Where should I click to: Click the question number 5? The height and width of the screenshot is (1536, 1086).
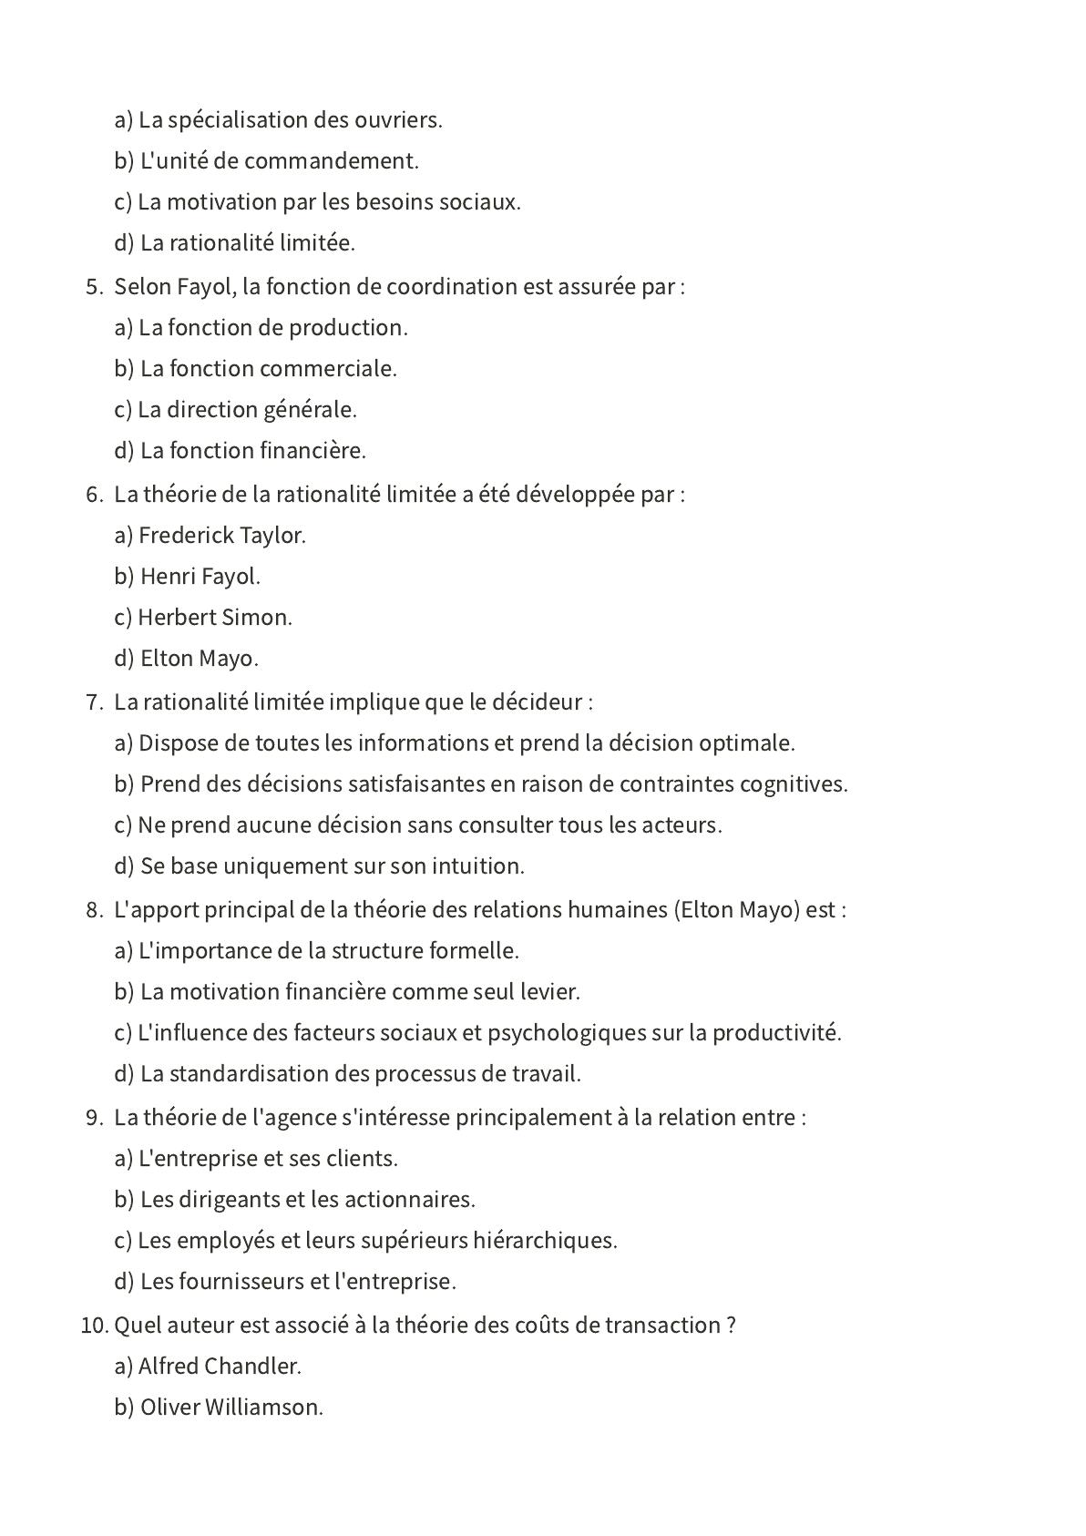[93, 287]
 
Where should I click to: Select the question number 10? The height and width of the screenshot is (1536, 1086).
[93, 1326]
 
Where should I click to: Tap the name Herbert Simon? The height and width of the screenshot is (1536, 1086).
[214, 618]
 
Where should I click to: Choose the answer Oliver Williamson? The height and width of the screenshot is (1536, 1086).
[231, 1408]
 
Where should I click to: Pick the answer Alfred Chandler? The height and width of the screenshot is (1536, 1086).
[220, 1367]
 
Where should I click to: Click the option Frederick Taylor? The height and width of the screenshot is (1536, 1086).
[221, 536]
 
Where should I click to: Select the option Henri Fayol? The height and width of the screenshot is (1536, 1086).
[200, 577]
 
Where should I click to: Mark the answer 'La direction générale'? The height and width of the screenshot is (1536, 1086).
[247, 410]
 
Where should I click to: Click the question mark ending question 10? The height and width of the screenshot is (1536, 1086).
[732, 1326]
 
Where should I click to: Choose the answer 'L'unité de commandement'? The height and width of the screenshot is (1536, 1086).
[279, 161]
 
